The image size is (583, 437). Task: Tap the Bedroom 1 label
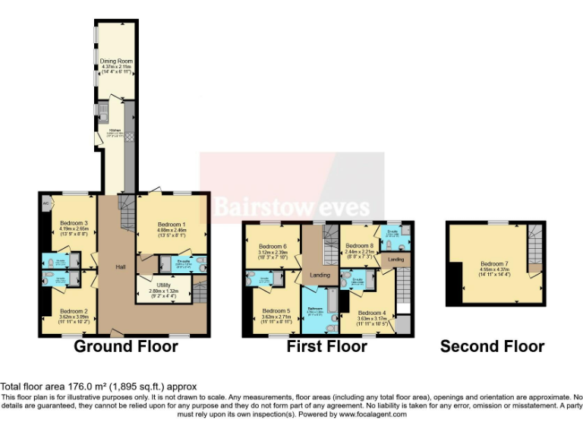172,225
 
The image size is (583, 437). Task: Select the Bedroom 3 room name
74,223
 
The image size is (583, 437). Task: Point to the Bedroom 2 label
74,311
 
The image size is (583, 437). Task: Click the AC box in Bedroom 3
46,203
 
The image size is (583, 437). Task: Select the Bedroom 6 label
273,247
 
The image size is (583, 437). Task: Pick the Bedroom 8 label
358,246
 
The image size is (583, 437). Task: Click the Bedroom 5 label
276,311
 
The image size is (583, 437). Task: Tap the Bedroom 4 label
371,313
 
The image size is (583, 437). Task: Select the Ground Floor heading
125,347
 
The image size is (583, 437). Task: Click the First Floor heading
326,347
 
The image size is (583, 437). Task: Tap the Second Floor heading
492,347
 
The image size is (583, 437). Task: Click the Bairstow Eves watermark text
291,206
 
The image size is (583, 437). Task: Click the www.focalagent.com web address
372,414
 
